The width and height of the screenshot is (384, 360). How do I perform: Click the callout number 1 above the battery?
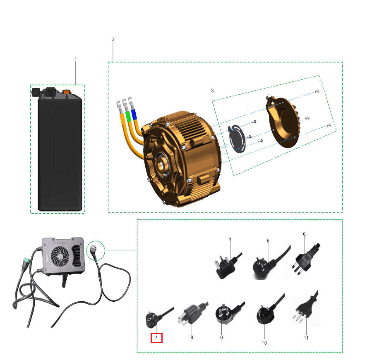click(x=76, y=59)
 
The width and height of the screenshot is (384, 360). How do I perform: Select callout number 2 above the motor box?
click(x=113, y=40)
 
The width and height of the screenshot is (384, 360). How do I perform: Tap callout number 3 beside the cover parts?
click(x=212, y=91)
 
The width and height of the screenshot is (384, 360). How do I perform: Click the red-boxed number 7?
click(x=156, y=338)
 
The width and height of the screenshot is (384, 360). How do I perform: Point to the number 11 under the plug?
click(x=306, y=338)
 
